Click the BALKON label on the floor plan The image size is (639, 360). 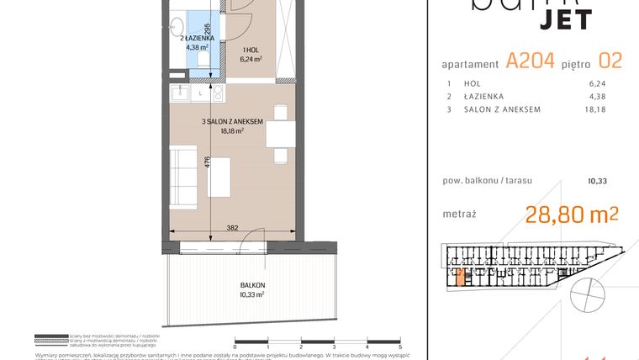tap(251, 285)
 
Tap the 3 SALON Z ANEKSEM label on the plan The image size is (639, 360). tap(233, 121)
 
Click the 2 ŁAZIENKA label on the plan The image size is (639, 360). tap(200, 38)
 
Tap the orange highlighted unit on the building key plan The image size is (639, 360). tap(459, 277)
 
